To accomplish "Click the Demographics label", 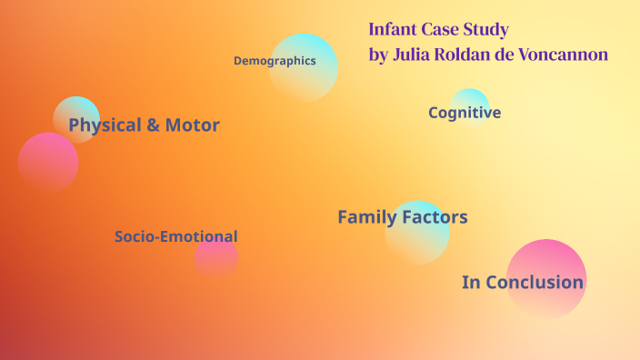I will click(x=275, y=61).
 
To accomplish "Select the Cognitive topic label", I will click(x=465, y=113).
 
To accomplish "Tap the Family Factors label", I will click(x=402, y=217).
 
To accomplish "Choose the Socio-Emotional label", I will click(x=175, y=236).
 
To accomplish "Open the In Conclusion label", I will click(x=522, y=282).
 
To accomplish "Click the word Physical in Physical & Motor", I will click(x=105, y=125).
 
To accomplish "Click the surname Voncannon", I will click(x=562, y=55).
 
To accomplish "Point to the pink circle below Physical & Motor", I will click(x=48, y=163).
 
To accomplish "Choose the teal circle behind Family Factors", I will click(x=418, y=241).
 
